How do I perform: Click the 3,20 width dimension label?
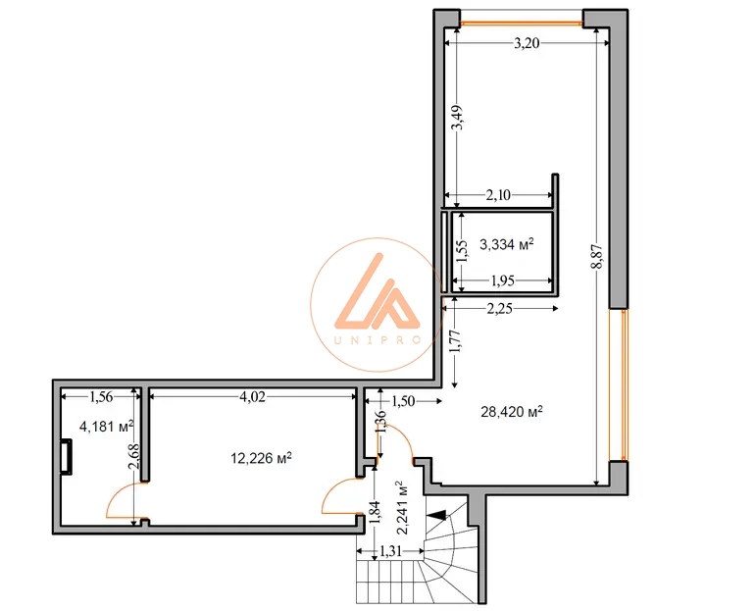click(527, 44)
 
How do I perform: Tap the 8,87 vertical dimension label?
click(598, 257)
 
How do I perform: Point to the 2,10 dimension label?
click(498, 195)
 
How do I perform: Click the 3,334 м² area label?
click(507, 244)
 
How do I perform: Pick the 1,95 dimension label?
click(503, 280)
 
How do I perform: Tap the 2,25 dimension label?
click(499, 309)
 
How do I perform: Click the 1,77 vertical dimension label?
click(456, 341)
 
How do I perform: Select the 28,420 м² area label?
click(512, 412)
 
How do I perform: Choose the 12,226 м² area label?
click(262, 457)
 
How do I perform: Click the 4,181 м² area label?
click(107, 426)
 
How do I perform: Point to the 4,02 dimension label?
click(252, 397)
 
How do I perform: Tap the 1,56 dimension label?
click(101, 397)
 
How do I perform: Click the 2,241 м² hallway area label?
click(402, 507)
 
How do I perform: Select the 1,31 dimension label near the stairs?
click(390, 551)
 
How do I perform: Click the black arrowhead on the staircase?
click(435, 515)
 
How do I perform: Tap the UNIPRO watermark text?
click(377, 340)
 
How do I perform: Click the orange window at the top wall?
click(522, 23)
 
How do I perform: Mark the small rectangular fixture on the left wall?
click(66, 456)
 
